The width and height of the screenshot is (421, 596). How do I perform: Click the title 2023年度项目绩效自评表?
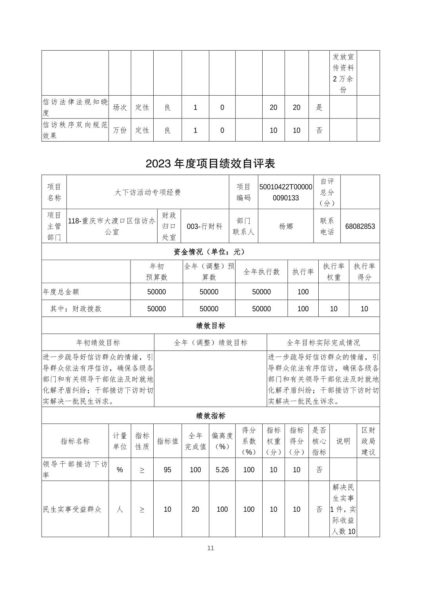[x=210, y=163]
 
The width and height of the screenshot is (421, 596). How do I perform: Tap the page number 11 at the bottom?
[x=210, y=548]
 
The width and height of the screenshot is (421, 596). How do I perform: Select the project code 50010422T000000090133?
[x=286, y=192]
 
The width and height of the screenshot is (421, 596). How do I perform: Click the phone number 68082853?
[x=360, y=226]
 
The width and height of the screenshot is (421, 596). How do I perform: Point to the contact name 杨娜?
[x=286, y=226]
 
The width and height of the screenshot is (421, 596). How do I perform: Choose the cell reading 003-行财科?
[x=205, y=226]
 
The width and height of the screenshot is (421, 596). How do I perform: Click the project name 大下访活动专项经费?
[x=148, y=192]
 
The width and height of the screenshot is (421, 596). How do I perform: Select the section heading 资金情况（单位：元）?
[x=210, y=251]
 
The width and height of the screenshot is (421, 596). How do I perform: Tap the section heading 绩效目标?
[x=210, y=325]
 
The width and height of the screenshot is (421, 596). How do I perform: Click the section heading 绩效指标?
[x=210, y=416]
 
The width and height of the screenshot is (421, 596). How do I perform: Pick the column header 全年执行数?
[x=261, y=272]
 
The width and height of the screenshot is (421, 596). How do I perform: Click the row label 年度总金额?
[x=61, y=292]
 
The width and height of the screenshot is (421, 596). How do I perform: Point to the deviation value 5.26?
[x=222, y=470]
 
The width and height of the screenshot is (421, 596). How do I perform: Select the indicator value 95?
[x=167, y=470]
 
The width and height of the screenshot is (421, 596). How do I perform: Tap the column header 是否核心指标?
[x=319, y=441]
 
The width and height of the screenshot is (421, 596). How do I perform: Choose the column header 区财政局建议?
[x=368, y=441]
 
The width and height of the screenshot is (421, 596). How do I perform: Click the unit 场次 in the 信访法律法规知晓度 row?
[x=120, y=107]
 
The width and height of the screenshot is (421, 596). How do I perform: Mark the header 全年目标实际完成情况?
[x=323, y=342]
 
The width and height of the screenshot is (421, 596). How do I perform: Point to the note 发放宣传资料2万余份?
[x=343, y=73]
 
